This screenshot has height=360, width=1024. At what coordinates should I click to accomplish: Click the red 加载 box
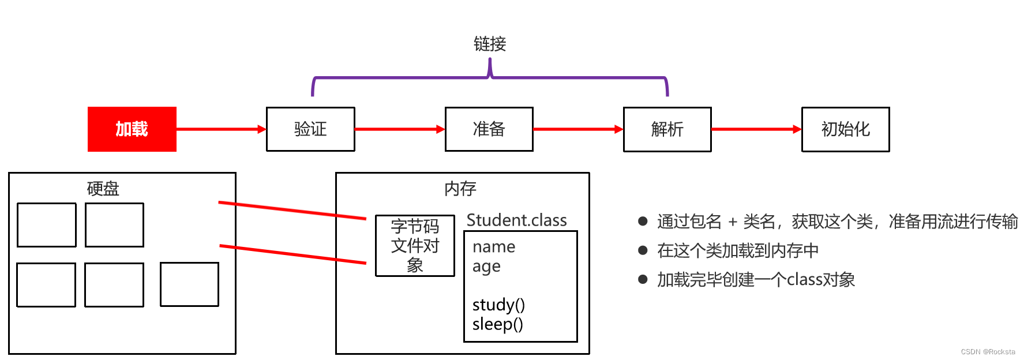pyautogui.click(x=132, y=129)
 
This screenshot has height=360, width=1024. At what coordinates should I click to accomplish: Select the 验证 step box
pyautogui.click(x=310, y=129)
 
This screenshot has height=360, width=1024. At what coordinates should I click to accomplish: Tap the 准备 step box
pyautogui.click(x=489, y=129)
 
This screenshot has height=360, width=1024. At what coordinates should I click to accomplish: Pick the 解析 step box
pyautogui.click(x=667, y=129)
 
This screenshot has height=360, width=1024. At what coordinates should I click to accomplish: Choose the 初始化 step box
pyautogui.click(x=845, y=129)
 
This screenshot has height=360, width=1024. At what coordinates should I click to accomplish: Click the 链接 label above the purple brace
pyautogui.click(x=490, y=44)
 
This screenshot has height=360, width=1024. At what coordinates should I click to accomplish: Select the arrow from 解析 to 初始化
pyautogui.click(x=756, y=129)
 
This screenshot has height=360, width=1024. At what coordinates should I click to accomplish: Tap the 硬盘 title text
pyautogui.click(x=103, y=189)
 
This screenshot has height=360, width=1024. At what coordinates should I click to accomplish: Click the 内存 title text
pyautogui.click(x=460, y=189)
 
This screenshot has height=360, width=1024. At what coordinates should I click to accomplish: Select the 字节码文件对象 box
pyautogui.click(x=415, y=246)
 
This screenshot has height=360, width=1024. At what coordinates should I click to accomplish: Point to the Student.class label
pyautogui.click(x=516, y=220)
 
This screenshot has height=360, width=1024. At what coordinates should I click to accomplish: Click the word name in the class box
pyautogui.click(x=494, y=247)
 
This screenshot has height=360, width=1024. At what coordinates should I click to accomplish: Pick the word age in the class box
pyautogui.click(x=486, y=267)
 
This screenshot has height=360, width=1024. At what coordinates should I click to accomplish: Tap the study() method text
pyautogui.click(x=498, y=305)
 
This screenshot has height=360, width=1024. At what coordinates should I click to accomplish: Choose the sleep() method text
pyautogui.click(x=497, y=324)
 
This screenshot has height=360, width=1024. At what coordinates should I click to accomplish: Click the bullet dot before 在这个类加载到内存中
pyautogui.click(x=643, y=250)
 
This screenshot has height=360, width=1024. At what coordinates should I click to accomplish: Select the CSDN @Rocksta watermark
pyautogui.click(x=988, y=352)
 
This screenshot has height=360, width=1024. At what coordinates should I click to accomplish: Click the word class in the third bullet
pyautogui.click(x=805, y=280)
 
